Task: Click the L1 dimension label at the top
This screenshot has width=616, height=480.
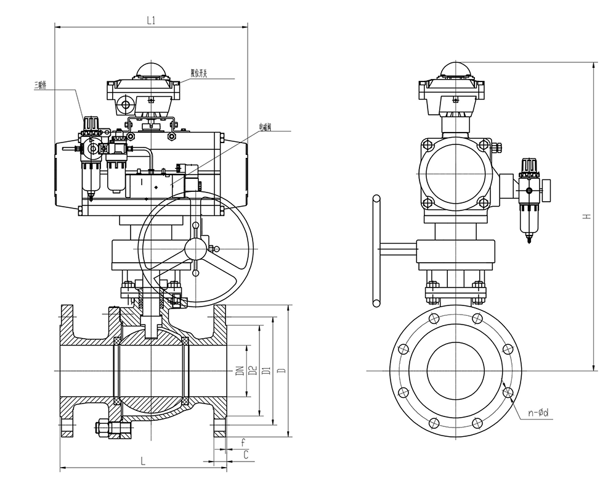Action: [x=151, y=20]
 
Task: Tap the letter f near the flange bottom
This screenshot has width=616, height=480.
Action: [x=243, y=442]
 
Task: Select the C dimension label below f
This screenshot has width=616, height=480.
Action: [x=246, y=455]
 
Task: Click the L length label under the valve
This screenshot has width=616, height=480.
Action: [x=142, y=460]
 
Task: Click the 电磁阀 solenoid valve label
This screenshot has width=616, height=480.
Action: [x=266, y=128]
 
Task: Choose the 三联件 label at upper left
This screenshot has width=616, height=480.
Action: [x=43, y=85]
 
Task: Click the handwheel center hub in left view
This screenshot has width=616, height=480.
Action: [x=195, y=250]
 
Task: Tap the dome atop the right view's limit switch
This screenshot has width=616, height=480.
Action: [x=455, y=68]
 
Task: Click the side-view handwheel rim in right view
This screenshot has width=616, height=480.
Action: [x=376, y=250]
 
